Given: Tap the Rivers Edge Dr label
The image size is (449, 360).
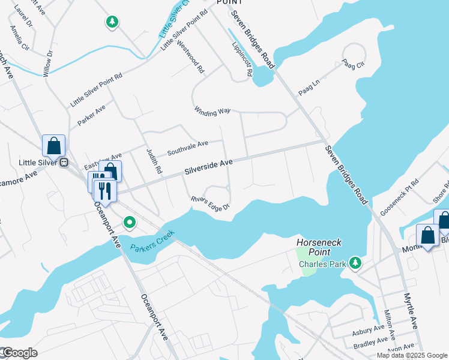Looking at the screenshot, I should point(211,204).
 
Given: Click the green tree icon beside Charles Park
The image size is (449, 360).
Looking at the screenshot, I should point(356,262).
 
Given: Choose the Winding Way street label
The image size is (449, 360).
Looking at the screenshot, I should point(212,112).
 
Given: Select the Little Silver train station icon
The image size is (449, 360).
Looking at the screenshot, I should point(64,162).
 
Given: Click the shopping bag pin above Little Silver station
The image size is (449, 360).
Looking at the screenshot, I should point(53,146).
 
